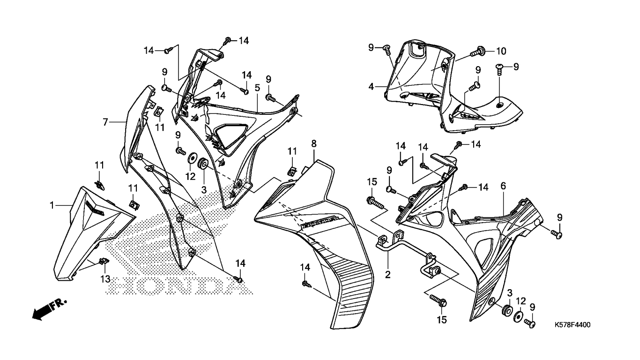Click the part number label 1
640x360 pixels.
[x=52, y=205]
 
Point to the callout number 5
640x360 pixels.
[x=257, y=88]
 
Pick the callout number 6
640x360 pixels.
[x=503, y=186]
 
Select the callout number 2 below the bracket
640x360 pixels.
[x=388, y=274]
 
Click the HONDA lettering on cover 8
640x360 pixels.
[x=318, y=223]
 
